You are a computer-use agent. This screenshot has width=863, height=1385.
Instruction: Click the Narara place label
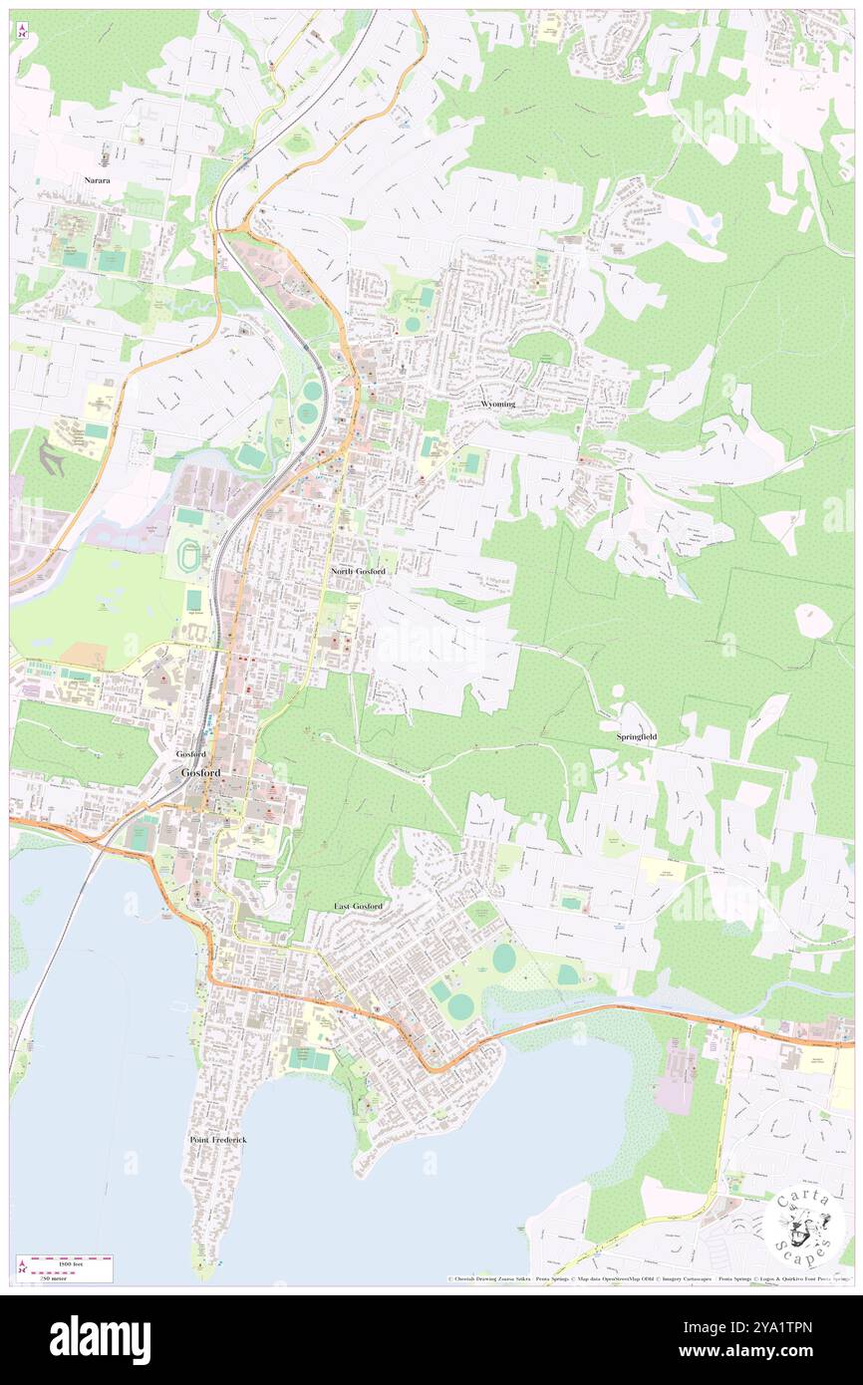pyautogui.click(x=97, y=180)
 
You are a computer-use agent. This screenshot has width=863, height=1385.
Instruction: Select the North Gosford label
pyautogui.click(x=358, y=571)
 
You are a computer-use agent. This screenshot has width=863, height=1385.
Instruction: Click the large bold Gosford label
pyautogui.click(x=200, y=773)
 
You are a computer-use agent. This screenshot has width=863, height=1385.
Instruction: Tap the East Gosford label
pyautogui.click(x=357, y=905)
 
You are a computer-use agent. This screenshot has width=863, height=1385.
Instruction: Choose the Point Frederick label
pyautogui.click(x=217, y=1139)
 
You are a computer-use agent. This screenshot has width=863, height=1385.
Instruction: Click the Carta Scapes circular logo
pyautogui.click(x=804, y=1229)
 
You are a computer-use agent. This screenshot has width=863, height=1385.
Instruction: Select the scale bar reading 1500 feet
pyautogui.click(x=70, y=1261)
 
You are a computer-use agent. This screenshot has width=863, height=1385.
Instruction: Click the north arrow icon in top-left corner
pyautogui.click(x=22, y=30)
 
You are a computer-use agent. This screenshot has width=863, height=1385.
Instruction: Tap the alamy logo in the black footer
pyautogui.click(x=100, y=1340)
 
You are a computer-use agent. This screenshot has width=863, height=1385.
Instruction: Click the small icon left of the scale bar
pyautogui.click(x=21, y=1267)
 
